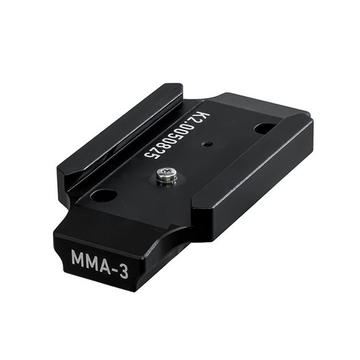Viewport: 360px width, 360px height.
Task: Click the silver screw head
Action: tap(164, 174)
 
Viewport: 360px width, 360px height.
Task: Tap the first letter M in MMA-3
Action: tap(79, 258)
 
